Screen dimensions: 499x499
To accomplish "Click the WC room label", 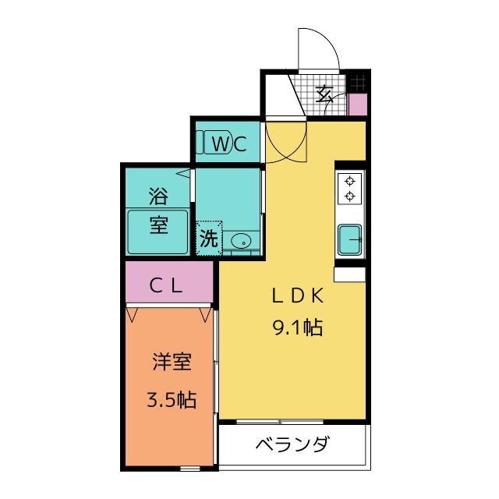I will click(x=229, y=143).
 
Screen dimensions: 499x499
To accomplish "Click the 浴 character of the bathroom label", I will click(x=158, y=193).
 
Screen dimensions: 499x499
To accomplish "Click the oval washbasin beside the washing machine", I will click(x=242, y=242).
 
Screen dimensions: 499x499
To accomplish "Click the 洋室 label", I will click(x=172, y=363).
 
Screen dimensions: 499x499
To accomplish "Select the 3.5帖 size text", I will click(x=172, y=401).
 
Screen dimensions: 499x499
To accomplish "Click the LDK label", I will click(x=297, y=296).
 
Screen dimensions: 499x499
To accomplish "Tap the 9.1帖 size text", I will click(x=297, y=327).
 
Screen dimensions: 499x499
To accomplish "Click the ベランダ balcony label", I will click(x=292, y=446).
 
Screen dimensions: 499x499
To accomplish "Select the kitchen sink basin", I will click(x=349, y=239).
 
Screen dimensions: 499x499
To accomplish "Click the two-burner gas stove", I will click(x=350, y=187).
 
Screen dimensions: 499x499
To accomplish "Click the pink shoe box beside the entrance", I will click(x=357, y=104).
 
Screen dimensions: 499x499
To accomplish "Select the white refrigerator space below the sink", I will click(x=349, y=274).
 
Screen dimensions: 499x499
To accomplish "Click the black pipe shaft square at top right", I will click(x=359, y=81).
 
